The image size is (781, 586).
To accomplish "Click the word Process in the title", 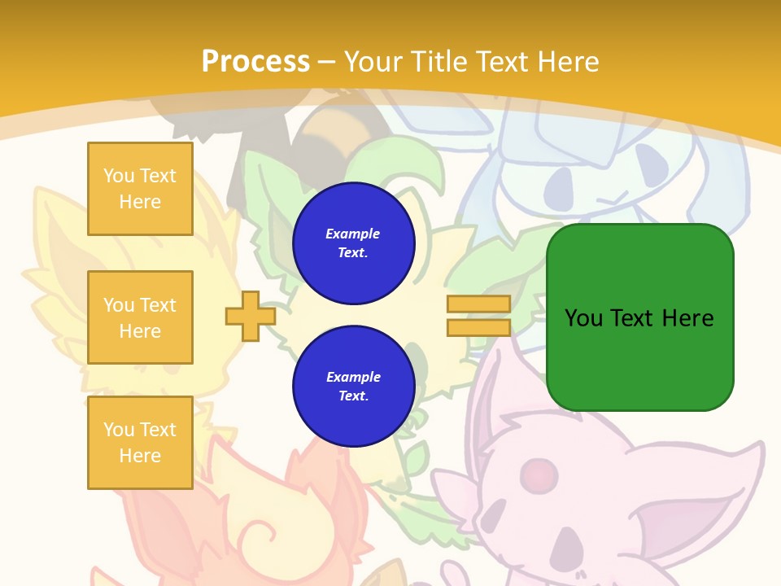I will point(255,61).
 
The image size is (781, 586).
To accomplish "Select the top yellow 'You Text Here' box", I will point(140,189).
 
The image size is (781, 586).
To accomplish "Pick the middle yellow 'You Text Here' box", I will point(140,317).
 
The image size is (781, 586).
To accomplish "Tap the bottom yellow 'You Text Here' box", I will point(140,443).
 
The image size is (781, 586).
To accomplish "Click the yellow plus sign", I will point(251,316).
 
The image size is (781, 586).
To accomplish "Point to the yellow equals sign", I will point(478,316).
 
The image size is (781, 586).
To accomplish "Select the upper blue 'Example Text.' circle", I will point(354,243).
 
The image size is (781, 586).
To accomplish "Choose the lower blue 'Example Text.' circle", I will point(354,387).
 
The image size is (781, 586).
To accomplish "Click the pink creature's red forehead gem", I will point(535,471).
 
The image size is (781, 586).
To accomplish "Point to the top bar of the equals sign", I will point(478,304).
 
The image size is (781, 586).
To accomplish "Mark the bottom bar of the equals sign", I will point(478,327).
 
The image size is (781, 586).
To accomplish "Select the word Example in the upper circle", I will point(353,234).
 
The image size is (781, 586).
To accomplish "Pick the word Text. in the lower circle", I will point(353,396).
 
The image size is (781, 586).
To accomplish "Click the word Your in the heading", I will point(371,62).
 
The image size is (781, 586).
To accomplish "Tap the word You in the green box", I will point(583,318).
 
